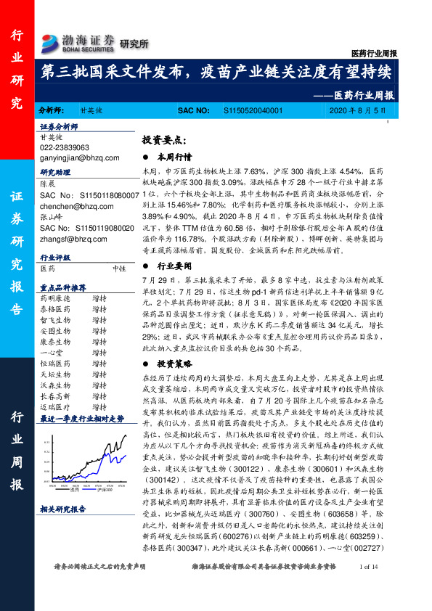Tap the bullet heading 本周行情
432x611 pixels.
pos(175,156)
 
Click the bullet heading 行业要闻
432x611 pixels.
pos(175,266)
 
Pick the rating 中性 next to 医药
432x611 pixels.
pos(120,268)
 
